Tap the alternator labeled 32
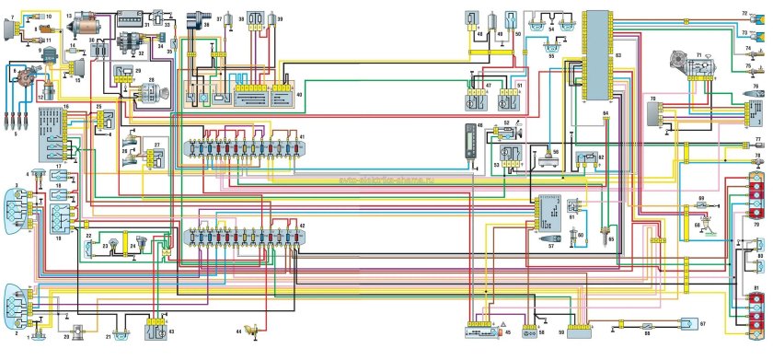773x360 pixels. point(131,45)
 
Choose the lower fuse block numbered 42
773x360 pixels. point(243,235)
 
